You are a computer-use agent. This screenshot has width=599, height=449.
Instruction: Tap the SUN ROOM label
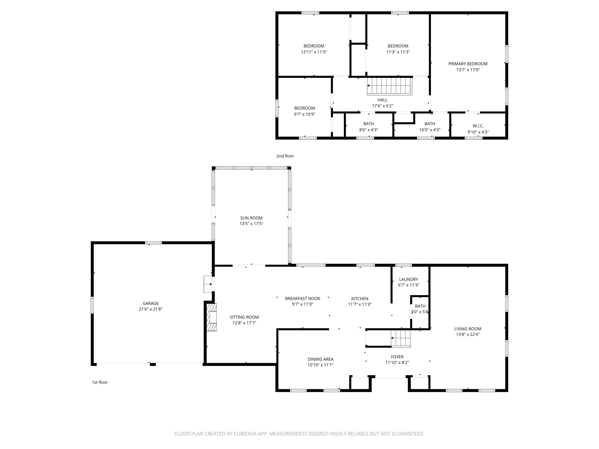point(251,218)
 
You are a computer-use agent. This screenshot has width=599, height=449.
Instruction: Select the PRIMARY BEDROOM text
point(468,64)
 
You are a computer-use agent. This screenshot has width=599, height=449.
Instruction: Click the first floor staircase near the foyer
point(401,339)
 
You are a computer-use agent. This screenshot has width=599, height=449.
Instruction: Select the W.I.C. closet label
point(478,126)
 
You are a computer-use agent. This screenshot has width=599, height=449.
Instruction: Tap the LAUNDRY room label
point(409,279)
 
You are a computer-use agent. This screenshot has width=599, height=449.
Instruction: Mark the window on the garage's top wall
point(153,243)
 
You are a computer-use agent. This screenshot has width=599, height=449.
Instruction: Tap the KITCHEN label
point(360,299)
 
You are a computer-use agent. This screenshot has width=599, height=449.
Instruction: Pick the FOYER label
point(397,357)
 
